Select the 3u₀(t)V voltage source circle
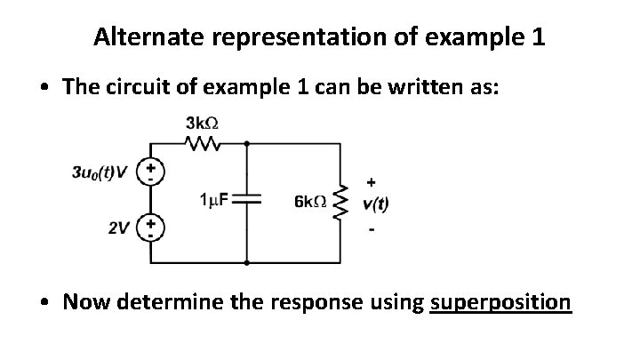click(151, 171)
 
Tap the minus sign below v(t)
click(371, 230)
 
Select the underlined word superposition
click(500, 303)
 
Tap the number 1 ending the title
click(538, 37)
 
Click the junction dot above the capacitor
click(246, 141)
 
